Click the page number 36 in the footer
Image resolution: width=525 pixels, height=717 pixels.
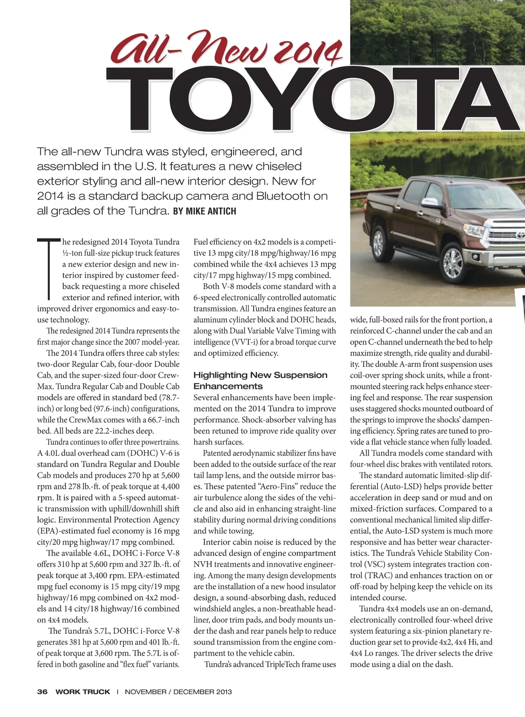[x=42, y=692]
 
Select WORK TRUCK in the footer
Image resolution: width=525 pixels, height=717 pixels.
[x=83, y=692]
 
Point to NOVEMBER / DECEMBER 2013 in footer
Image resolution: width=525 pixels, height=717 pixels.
[x=178, y=692]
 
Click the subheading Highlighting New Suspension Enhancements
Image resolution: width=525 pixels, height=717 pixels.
[x=260, y=380]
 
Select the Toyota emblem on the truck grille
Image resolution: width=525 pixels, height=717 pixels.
[x=521, y=235]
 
